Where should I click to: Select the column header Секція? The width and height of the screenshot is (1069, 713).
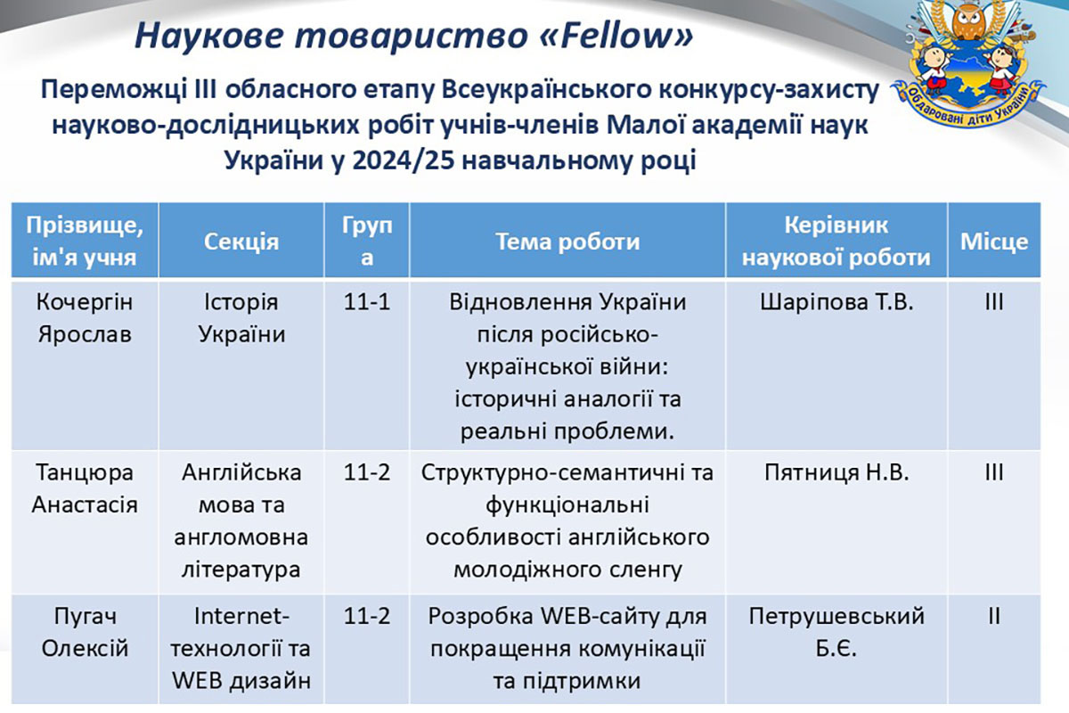click(241, 242)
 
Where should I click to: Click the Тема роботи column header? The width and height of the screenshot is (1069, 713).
click(567, 242)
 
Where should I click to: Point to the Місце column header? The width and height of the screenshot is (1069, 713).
click(994, 242)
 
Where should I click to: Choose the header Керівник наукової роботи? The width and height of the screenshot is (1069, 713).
click(836, 242)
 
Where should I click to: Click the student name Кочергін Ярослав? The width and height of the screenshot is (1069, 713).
click(85, 318)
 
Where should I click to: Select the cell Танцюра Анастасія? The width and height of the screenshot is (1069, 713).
click(85, 488)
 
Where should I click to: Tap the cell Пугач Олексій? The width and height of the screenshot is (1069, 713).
click(85, 632)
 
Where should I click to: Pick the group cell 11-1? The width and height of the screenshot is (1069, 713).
click(366, 302)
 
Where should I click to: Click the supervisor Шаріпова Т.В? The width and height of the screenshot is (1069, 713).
click(836, 302)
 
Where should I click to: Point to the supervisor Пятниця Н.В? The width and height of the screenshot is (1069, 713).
click(836, 472)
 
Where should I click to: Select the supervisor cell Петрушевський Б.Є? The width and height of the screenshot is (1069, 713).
click(836, 632)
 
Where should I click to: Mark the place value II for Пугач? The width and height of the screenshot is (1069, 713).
click(994, 616)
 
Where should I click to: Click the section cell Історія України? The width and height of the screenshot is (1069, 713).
click(241, 318)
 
